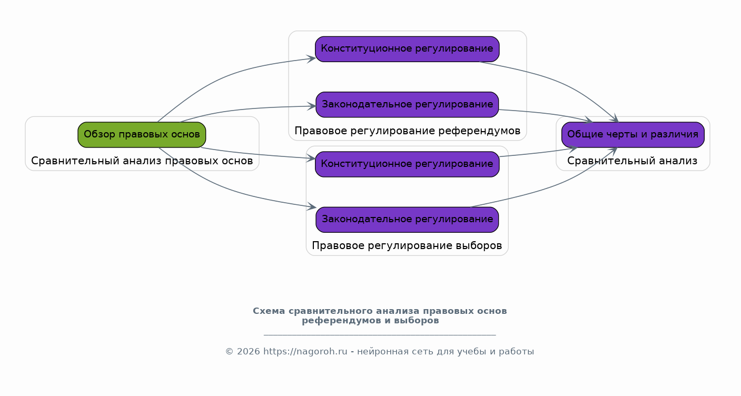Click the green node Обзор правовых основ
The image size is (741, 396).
(x=142, y=135)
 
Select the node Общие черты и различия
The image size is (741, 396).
(x=633, y=135)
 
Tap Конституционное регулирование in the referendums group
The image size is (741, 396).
(x=407, y=49)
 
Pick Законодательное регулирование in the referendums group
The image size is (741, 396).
(x=407, y=105)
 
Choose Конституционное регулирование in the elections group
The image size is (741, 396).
(x=407, y=164)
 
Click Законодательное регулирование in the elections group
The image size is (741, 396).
(x=407, y=220)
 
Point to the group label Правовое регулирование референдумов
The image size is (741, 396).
(x=407, y=131)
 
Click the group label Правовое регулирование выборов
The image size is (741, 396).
(x=407, y=246)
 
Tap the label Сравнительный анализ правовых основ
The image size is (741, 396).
(x=142, y=161)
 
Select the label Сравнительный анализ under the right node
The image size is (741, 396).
(x=632, y=161)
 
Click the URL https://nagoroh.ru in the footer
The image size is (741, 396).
(x=305, y=351)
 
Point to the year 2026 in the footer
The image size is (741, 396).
(x=249, y=351)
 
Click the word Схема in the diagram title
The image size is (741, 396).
(x=269, y=311)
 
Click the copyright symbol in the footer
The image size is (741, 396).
(x=230, y=351)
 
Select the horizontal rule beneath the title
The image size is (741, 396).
(x=380, y=335)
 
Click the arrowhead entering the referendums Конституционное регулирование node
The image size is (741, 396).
(x=311, y=59)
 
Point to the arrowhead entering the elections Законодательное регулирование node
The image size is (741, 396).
(x=312, y=206)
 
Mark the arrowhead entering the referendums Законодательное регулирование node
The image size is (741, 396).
(x=312, y=106)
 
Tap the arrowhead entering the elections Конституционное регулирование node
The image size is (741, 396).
(x=311, y=159)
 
